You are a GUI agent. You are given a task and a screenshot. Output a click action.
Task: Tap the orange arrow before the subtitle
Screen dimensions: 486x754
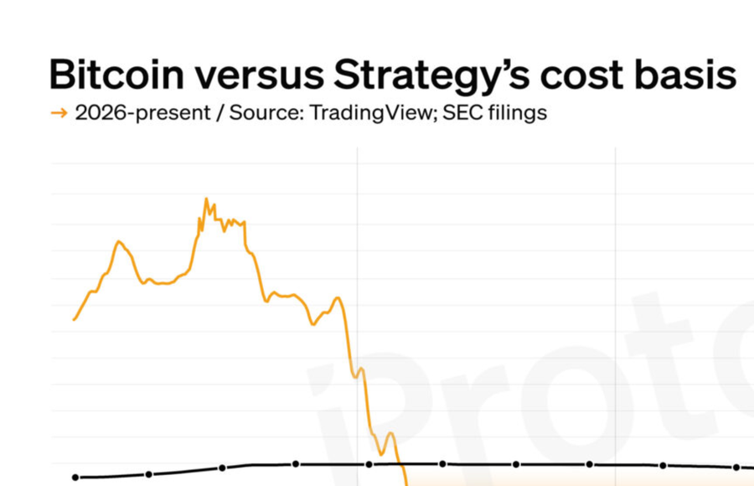pyautogui.click(x=59, y=113)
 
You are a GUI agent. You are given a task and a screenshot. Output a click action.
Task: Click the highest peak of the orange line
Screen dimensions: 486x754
pyautogui.click(x=206, y=199)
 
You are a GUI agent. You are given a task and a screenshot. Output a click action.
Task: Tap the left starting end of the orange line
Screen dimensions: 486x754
pyautogui.click(x=75, y=319)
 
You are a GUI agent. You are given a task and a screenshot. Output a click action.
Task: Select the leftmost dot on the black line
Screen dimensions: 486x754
pyautogui.click(x=75, y=478)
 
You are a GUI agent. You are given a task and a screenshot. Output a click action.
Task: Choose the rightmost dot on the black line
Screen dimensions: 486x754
pyautogui.click(x=737, y=468)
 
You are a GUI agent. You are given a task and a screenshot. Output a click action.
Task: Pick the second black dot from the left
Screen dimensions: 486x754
pyautogui.click(x=148, y=474)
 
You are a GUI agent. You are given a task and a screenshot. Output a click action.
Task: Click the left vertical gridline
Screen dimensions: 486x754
pyautogui.click(x=358, y=251)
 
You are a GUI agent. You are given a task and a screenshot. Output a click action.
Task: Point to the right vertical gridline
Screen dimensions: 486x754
pyautogui.click(x=616, y=251)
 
